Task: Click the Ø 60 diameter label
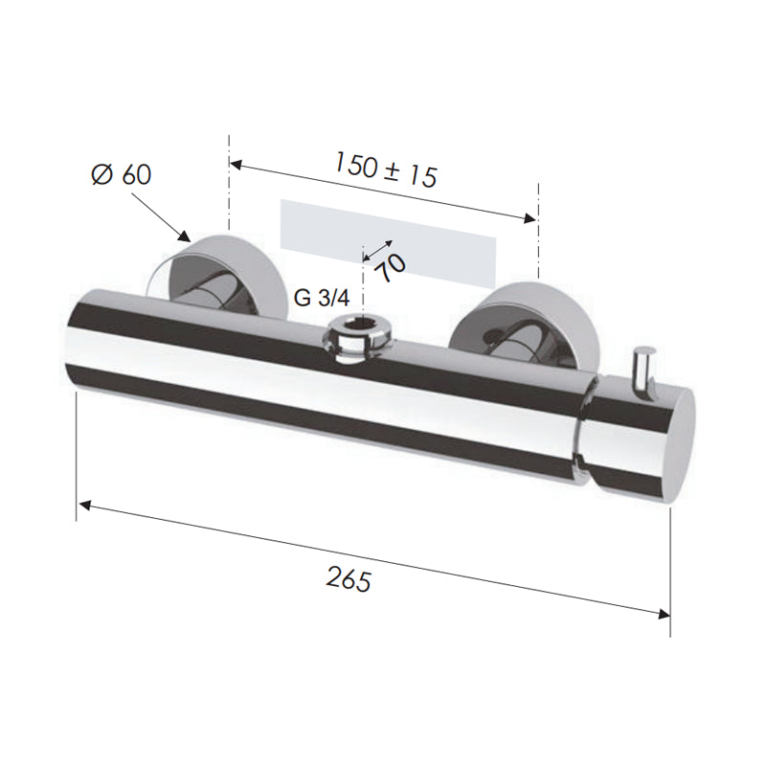[x=122, y=174]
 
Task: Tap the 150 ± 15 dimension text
[x=386, y=169]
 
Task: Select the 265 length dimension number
[x=349, y=580]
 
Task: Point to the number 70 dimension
[x=393, y=268]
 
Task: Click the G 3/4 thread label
[x=322, y=298]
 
